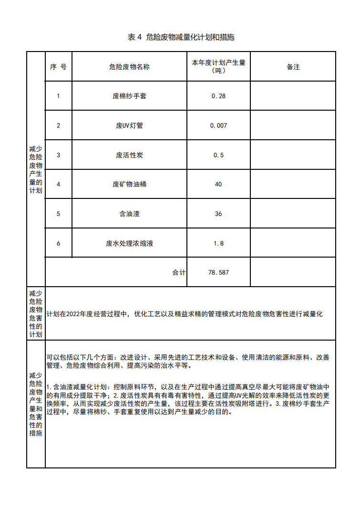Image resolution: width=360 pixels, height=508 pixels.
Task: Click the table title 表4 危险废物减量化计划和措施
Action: point(181,37)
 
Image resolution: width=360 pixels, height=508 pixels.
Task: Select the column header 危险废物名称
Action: point(129,67)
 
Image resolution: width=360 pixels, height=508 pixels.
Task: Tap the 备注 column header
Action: point(293,67)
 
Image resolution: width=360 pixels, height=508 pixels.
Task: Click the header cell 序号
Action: point(58,67)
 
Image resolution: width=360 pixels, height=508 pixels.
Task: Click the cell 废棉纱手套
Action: point(129,96)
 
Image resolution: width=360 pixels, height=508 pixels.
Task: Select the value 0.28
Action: point(218,96)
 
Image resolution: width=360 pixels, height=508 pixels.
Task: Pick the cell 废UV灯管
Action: point(129,125)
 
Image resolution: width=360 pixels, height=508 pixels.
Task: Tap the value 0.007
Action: point(218,125)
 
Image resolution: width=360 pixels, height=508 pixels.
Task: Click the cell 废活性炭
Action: point(129,155)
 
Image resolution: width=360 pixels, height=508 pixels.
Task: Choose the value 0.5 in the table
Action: point(218,155)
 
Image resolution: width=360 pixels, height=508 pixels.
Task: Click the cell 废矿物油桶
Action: point(129,184)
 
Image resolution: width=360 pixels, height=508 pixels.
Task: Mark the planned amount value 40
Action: point(218,184)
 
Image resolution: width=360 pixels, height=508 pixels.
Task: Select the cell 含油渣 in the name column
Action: point(129,214)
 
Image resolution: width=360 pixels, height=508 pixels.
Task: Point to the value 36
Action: point(218,214)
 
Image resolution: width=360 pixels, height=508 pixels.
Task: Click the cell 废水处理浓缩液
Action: point(129,243)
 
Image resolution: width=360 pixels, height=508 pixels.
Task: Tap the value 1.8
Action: point(218,243)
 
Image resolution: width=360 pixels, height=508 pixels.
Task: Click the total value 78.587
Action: point(218,272)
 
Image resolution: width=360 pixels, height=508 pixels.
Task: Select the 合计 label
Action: point(179,272)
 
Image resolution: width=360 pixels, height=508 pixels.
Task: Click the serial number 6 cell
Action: point(58,243)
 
